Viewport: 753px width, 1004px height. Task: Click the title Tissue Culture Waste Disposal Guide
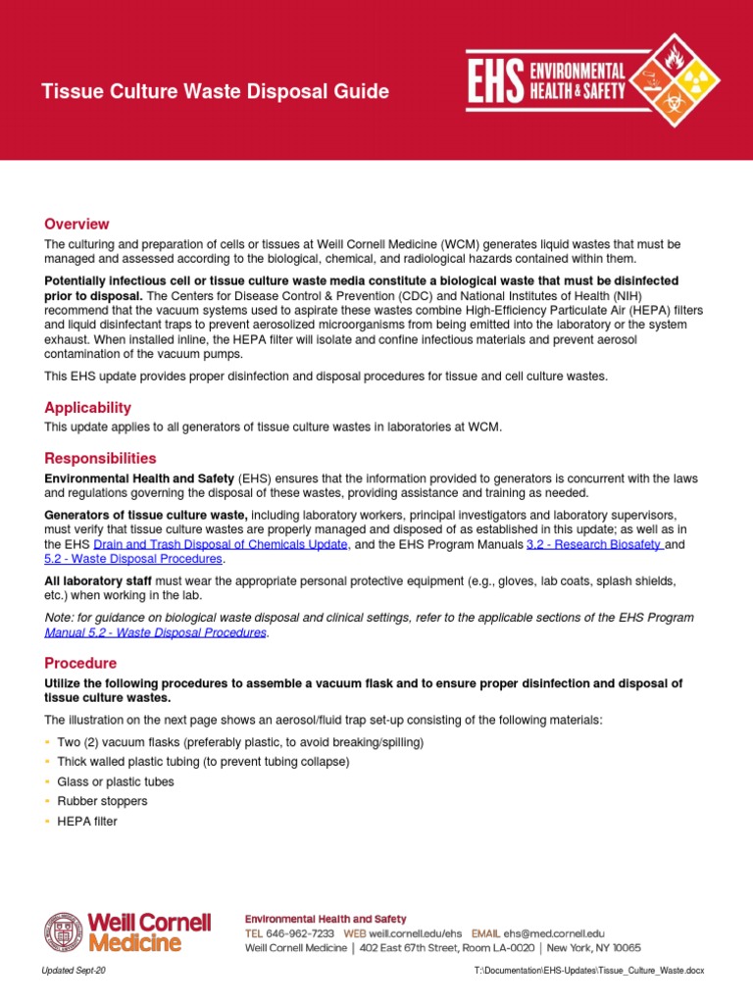215,92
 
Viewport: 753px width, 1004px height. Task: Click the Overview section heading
76,225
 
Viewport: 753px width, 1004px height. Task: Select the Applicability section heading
87,407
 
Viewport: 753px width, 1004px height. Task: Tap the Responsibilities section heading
100,458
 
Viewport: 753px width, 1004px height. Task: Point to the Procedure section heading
80,663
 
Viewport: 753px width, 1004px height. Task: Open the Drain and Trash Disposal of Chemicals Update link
221,543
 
